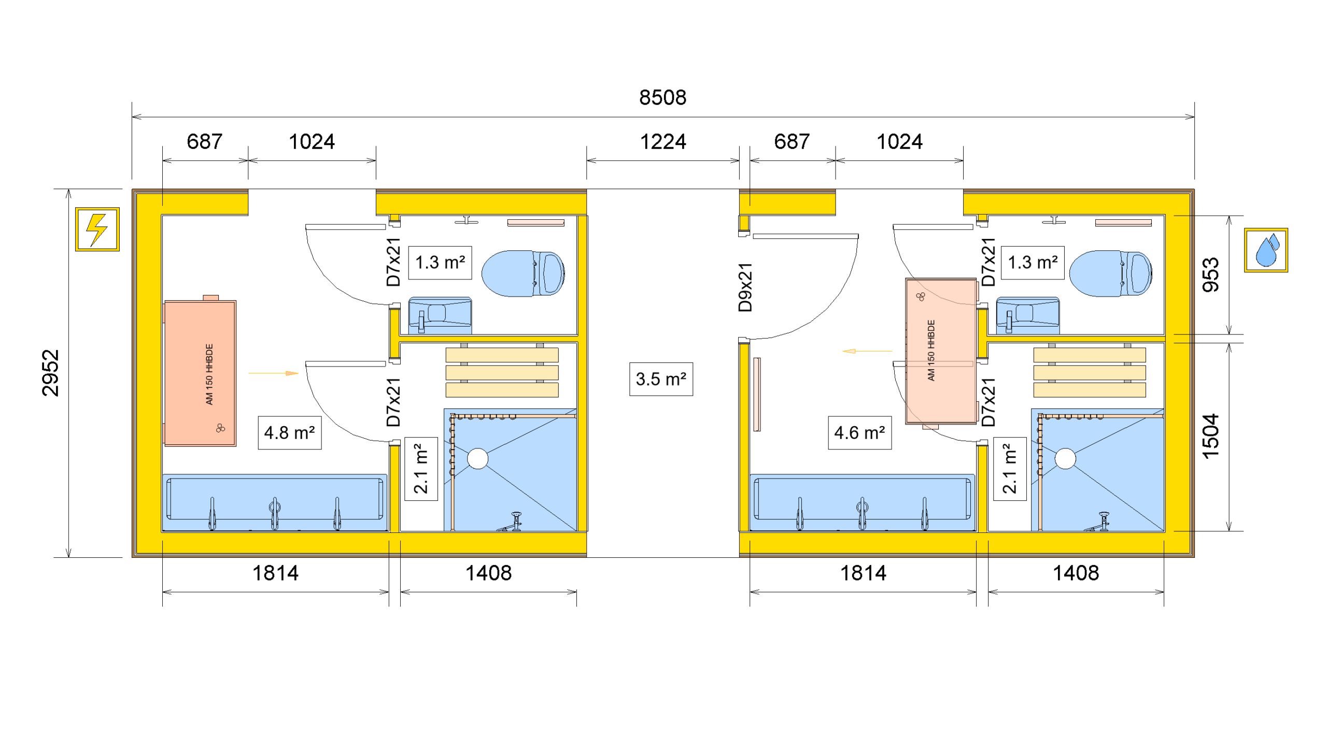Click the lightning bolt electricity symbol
coord(97,229)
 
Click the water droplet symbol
coord(1266,250)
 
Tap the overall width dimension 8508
coord(662,97)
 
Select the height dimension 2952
coord(50,373)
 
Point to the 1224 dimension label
coord(663,142)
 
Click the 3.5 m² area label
coord(661,379)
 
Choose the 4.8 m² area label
coord(289,432)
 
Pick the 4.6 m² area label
coord(859,432)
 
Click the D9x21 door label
coord(745,287)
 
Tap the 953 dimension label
coord(1210,275)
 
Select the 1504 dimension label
coord(1210,437)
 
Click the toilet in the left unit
coord(523,273)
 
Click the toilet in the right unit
coord(1110,273)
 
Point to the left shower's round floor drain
coord(477,459)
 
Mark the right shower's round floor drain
coord(1065,459)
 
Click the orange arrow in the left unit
coord(273,373)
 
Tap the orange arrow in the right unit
coord(867,351)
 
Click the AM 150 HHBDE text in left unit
coord(209,374)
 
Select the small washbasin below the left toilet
coord(440,315)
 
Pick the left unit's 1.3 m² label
coord(440,263)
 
